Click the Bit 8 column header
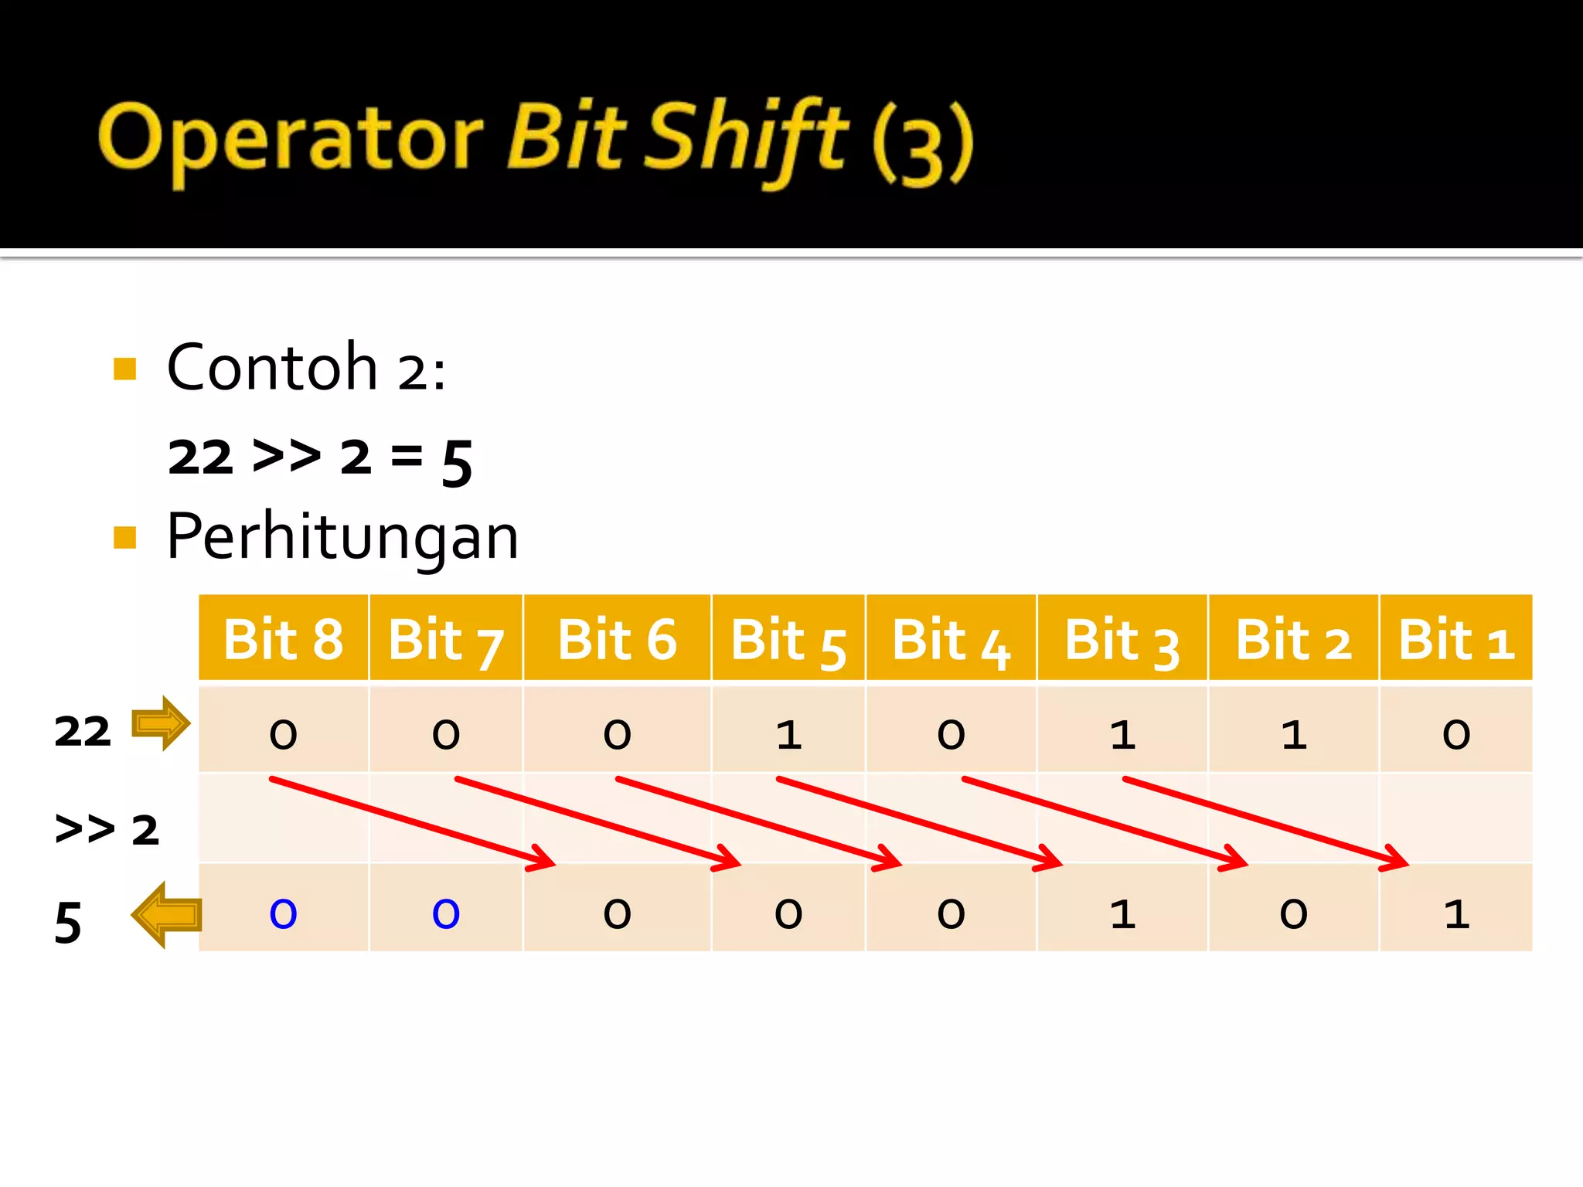283,639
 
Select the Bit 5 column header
788,639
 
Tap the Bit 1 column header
1455,639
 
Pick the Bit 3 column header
1122,639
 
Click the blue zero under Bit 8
283,913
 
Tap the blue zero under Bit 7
446,913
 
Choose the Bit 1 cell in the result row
1456,913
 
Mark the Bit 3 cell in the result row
1122,913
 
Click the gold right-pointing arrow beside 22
161,723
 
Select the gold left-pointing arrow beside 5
166,915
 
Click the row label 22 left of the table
83,731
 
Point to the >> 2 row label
107,829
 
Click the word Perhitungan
342,537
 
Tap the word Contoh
272,367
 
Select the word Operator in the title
291,139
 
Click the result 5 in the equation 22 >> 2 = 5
457,461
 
